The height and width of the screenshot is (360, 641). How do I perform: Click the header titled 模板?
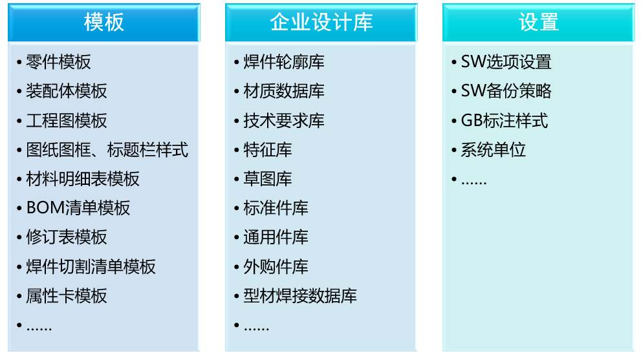pos(103,23)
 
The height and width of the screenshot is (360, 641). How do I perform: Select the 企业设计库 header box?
pos(321,23)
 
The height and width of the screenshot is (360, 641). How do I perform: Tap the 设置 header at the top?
pos(538,23)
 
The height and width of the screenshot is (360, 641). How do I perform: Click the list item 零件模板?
pos(58,62)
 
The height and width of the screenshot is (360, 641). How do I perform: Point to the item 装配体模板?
pos(67,91)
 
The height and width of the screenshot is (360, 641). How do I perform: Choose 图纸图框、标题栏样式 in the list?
pos(107,150)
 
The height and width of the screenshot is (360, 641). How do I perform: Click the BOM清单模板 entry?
pos(78,208)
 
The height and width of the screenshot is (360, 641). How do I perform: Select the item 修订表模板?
pos(67,237)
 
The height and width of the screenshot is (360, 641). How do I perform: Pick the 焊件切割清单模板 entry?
pos(91,266)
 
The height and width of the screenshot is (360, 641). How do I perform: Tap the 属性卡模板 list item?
pos(67,296)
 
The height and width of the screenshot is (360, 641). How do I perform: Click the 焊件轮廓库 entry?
pos(284,62)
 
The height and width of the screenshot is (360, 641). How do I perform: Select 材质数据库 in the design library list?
pos(284,91)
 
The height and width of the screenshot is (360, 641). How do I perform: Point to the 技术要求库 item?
pos(284,121)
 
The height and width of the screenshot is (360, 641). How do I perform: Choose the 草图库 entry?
pos(268,179)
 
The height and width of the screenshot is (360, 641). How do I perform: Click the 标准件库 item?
pos(276,208)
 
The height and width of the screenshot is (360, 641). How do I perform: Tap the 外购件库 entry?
pos(276,266)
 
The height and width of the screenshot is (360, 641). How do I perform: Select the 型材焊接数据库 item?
pos(300,296)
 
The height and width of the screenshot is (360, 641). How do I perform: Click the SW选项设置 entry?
pos(506,62)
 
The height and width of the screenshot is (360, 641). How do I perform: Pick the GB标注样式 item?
pos(505,121)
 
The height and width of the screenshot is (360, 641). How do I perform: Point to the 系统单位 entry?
pos(494,150)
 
